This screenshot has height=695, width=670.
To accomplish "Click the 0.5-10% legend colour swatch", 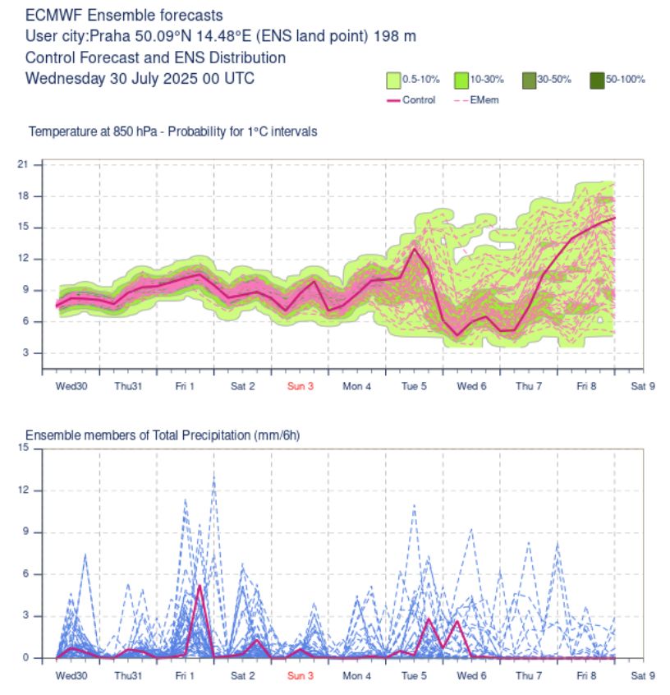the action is [x=393, y=81].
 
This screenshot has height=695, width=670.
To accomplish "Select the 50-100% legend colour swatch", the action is [x=597, y=81].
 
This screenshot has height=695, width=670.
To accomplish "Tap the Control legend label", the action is [x=419, y=100].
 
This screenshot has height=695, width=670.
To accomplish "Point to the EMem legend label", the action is [x=484, y=100].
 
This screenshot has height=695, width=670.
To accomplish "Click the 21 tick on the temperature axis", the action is [x=23, y=164].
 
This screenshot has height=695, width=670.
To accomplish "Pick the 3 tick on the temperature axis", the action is [x=25, y=352].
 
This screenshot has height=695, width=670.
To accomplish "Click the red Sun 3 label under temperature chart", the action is [x=300, y=386].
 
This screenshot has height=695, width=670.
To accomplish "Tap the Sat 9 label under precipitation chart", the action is [x=643, y=675].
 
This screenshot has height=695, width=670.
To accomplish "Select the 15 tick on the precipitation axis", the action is [x=23, y=448].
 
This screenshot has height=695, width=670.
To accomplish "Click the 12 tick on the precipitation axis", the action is [x=23, y=490].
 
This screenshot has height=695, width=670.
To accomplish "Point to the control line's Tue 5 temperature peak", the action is [x=415, y=248].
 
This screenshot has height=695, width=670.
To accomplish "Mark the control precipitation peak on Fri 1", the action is [x=200, y=586].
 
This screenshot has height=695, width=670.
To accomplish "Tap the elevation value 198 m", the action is [x=395, y=36].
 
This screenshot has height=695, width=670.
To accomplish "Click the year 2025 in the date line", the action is [x=181, y=78].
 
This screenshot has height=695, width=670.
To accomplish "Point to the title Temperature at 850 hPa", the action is [x=93, y=131].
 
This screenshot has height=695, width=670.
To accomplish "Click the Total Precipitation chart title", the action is [x=163, y=435].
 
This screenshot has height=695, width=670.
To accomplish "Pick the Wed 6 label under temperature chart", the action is [x=471, y=386].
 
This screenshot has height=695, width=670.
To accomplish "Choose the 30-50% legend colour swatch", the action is [x=529, y=81].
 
